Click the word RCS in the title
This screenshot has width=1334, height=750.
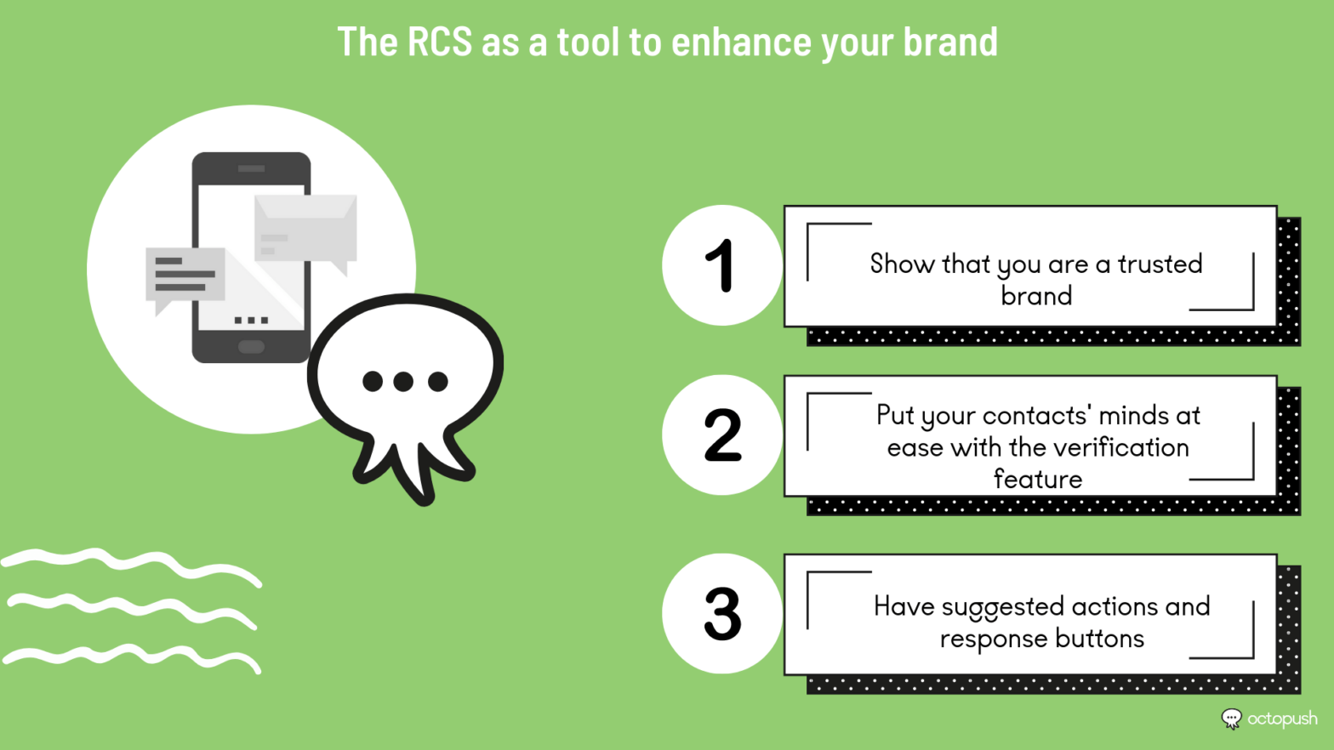[x=439, y=42]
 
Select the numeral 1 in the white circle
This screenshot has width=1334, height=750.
[x=721, y=265]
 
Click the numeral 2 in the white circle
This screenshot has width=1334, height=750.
[x=722, y=435]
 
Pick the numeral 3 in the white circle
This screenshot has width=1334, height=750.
[x=722, y=614]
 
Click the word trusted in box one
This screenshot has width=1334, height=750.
[x=1160, y=264]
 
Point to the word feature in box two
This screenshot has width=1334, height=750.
[x=1037, y=479]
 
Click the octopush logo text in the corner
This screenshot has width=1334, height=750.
[x=1281, y=719]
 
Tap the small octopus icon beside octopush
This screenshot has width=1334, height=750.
[x=1231, y=719]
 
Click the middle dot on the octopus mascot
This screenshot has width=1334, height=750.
[x=404, y=381]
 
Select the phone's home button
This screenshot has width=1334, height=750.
[x=251, y=346]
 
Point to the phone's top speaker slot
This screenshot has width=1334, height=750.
[x=251, y=168]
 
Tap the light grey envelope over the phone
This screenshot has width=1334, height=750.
[x=305, y=228]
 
